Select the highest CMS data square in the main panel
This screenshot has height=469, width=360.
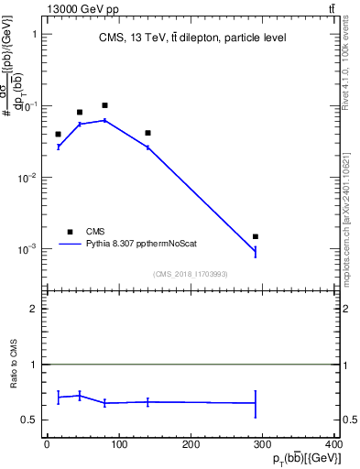105,105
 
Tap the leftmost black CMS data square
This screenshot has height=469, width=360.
58,134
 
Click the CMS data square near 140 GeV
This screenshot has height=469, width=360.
147,133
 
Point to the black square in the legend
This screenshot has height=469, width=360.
69,232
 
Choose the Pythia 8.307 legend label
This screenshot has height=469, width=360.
142,245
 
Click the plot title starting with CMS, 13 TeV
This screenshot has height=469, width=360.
192,38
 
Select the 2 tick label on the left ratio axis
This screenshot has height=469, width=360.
33,309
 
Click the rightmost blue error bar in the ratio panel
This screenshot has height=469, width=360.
256,403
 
